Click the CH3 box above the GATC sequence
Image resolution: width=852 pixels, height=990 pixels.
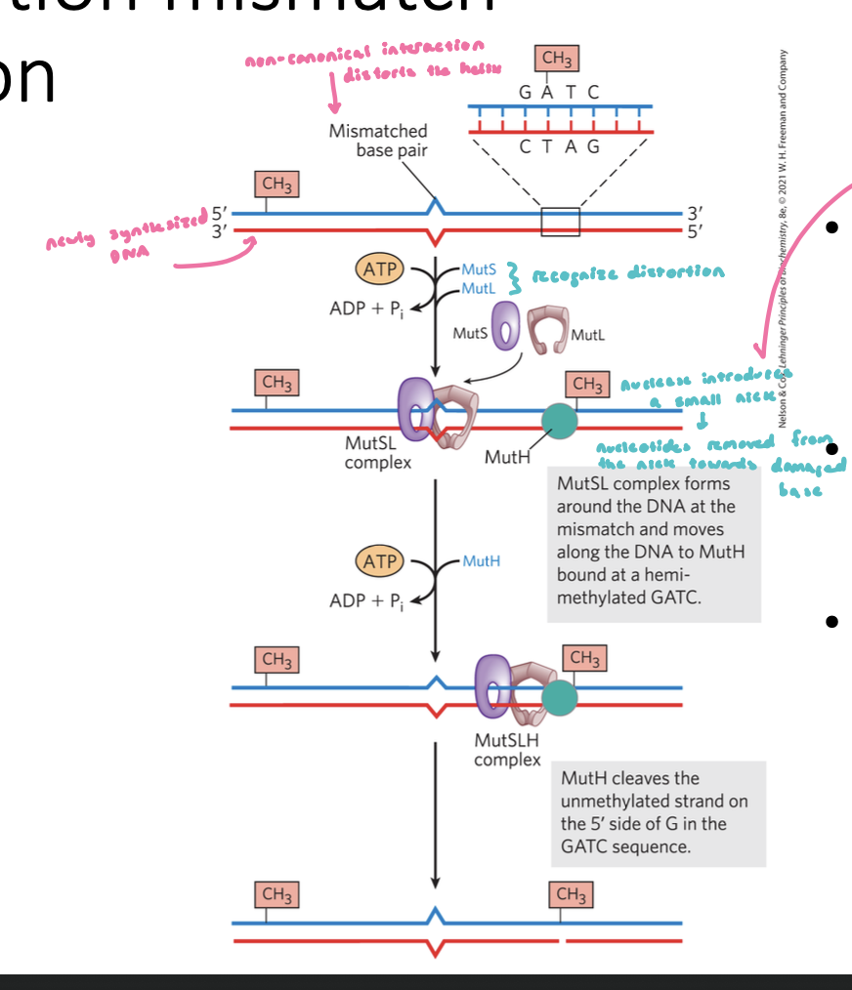coord(557,60)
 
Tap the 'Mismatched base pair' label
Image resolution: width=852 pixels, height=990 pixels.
coord(378,141)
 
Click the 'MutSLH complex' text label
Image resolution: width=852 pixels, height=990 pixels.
coord(507,749)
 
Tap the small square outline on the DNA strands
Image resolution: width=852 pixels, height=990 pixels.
coord(560,222)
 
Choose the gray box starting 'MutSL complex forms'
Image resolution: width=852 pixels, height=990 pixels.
coord(653,540)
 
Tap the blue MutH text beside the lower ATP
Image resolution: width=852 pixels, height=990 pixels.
coord(481,561)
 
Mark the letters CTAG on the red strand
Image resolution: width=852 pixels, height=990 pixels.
coord(560,147)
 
